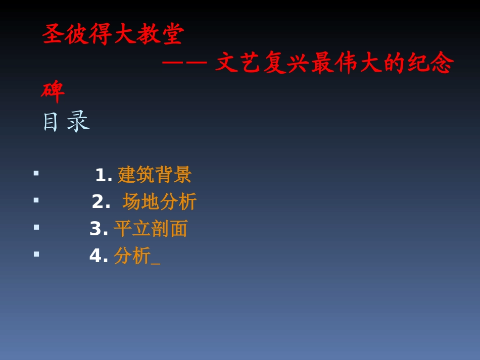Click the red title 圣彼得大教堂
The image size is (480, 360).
(x=113, y=34)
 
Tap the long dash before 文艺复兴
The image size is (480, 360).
(x=184, y=63)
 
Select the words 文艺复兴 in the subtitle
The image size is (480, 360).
(x=263, y=63)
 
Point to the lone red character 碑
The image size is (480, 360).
(x=53, y=91)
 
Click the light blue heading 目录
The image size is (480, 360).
(x=65, y=122)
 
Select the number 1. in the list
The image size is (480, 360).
(x=104, y=175)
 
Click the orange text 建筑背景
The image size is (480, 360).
(x=155, y=175)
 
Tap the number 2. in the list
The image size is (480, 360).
(x=101, y=202)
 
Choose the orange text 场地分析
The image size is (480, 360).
(x=160, y=201)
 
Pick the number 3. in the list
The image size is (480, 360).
(x=99, y=229)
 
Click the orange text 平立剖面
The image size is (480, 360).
(x=151, y=229)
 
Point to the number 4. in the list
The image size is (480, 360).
(x=99, y=255)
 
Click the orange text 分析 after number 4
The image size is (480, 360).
(x=132, y=255)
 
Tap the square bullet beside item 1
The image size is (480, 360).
(x=36, y=173)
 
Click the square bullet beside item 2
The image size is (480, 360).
(x=36, y=200)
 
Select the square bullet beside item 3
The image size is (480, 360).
(x=36, y=227)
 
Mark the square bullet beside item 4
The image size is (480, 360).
(x=36, y=253)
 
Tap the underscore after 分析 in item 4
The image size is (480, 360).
(x=156, y=263)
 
